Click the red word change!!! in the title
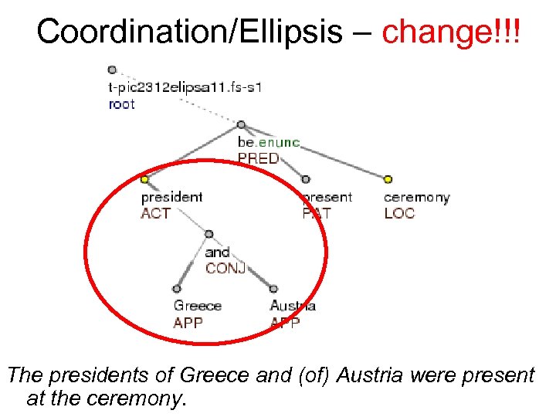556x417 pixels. pyautogui.click(x=451, y=32)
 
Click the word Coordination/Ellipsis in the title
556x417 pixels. pyautogui.click(x=190, y=32)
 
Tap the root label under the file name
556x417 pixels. pyautogui.click(x=121, y=104)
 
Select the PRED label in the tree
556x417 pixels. pyautogui.click(x=259, y=158)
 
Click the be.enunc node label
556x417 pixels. pyautogui.click(x=269, y=143)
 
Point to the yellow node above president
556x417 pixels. pyautogui.click(x=144, y=180)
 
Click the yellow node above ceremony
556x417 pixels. pyautogui.click(x=388, y=180)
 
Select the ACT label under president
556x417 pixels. pyautogui.click(x=155, y=213)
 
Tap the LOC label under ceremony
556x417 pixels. pyautogui.click(x=399, y=213)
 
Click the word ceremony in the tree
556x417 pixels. pyautogui.click(x=416, y=198)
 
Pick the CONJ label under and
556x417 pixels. pyautogui.click(x=225, y=268)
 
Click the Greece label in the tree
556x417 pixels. pyautogui.click(x=198, y=307)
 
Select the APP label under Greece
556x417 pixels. pyautogui.click(x=188, y=323)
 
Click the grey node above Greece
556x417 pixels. pyautogui.click(x=177, y=289)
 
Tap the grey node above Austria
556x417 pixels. pyautogui.click(x=273, y=289)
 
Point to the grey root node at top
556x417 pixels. pyautogui.click(x=113, y=69)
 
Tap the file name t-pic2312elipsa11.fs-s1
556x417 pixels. pyautogui.click(x=185, y=87)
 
